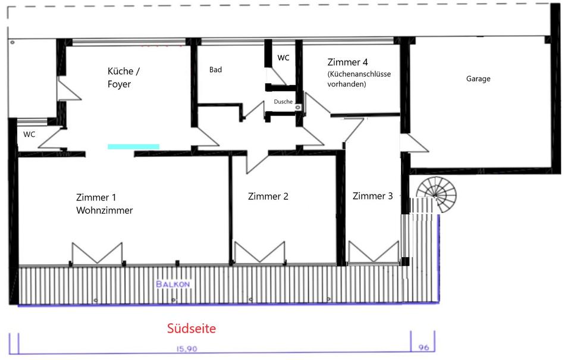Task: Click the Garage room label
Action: point(478,79)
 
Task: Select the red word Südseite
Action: point(192,328)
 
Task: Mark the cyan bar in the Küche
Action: point(133,146)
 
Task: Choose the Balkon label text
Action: point(173,284)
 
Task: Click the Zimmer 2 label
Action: point(268,196)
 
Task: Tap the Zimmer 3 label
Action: point(372,196)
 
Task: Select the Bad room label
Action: point(215,70)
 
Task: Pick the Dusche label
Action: point(283,102)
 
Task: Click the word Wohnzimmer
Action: point(104,211)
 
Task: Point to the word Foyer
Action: point(119,84)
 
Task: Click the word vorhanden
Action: point(347,84)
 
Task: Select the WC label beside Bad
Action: point(283,58)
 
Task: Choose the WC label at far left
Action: point(29,134)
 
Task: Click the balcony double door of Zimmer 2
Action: point(259,252)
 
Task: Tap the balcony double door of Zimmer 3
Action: point(374,252)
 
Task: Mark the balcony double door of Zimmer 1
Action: point(97,253)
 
